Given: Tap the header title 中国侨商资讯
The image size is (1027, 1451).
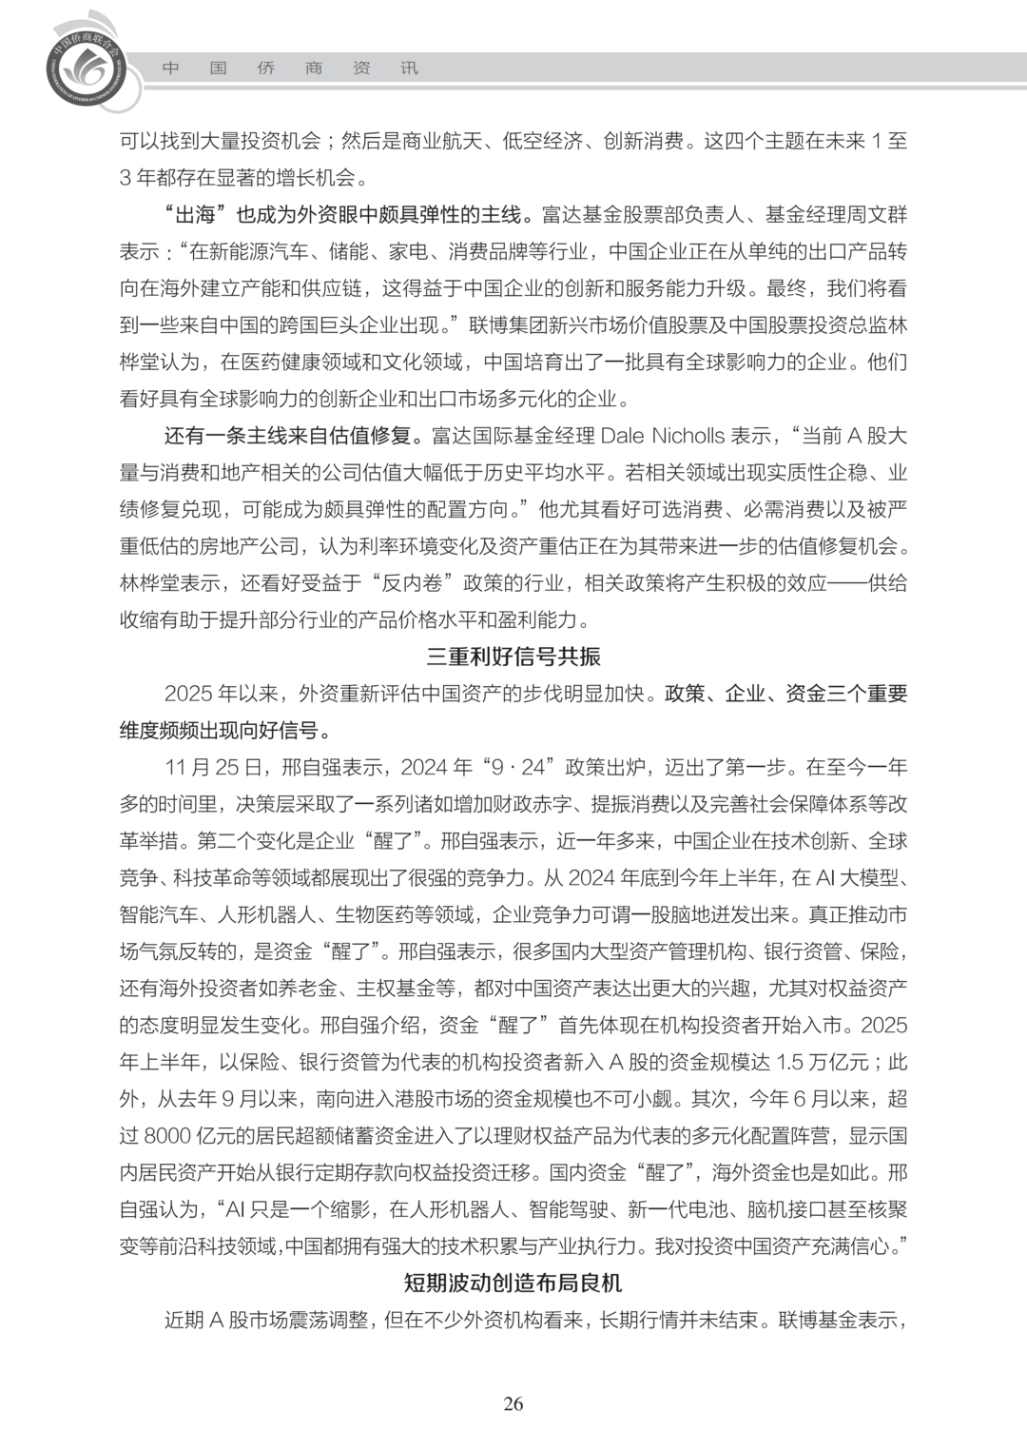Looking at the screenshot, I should coord(289,69).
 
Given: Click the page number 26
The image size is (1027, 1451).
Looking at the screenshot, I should coord(513,1404).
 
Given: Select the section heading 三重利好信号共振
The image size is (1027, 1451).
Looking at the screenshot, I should coord(513,657).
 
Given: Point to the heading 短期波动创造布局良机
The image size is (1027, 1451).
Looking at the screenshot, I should coord(513,1283).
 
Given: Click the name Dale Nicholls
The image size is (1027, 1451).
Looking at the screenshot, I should coord(662,436).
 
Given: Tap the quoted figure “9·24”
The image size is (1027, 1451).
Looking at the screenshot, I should coord(521,767).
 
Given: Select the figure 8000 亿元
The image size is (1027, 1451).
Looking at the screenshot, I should coord(193,1135).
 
